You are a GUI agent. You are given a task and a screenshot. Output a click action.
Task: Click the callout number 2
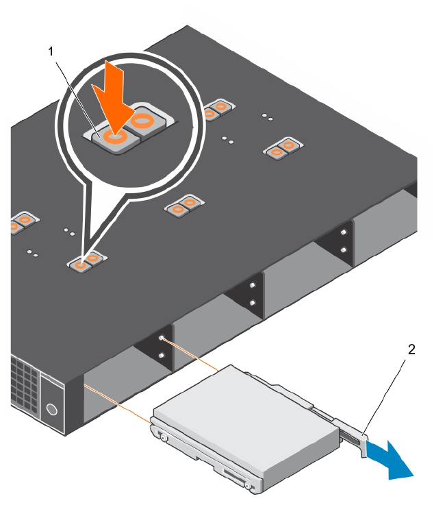411,349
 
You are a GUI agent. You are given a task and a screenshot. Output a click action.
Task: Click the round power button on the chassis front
51,410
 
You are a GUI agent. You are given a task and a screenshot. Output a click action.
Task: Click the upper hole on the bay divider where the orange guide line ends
162,338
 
